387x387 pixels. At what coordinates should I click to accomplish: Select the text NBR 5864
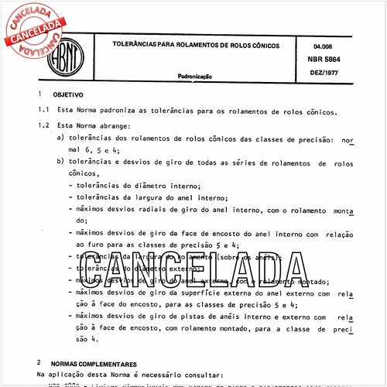coord(327,59)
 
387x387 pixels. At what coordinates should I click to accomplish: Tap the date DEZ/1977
coord(326,72)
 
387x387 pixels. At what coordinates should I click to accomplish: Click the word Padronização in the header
coord(194,77)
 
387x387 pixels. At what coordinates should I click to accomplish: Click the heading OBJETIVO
coord(68,94)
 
